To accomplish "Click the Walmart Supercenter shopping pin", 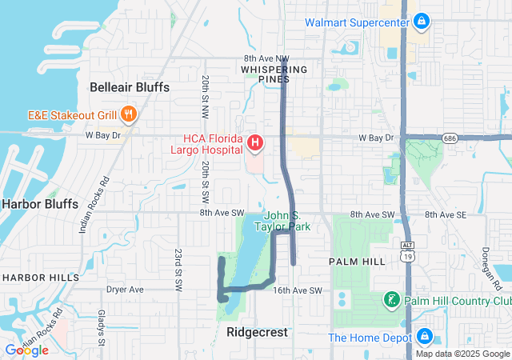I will point(422,21).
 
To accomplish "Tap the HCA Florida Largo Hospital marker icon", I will point(254,144).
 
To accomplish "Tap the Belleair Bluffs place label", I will point(130,86).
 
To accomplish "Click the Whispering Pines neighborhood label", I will point(274,74).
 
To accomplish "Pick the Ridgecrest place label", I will point(257,331).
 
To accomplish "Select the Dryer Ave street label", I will point(125,290).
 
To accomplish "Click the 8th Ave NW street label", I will point(266,58).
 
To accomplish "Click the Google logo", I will point(27,350).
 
